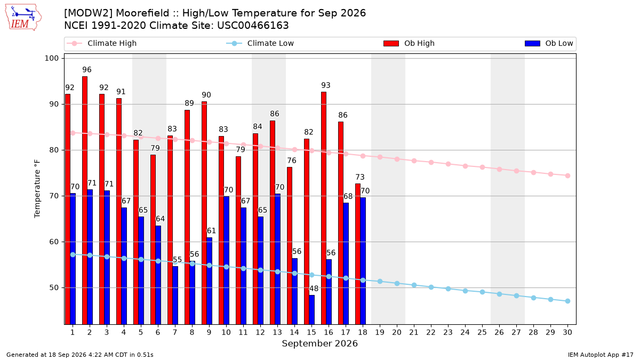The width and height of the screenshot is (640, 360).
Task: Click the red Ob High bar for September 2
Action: [x=85, y=201]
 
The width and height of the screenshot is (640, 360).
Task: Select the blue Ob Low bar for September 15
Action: [x=311, y=310]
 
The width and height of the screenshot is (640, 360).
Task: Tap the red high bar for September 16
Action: [x=323, y=208]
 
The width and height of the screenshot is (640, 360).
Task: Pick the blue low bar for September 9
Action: [x=210, y=281]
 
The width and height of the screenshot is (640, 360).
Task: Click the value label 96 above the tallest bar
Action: [x=87, y=70]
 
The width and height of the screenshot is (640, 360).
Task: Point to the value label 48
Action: [x=314, y=289]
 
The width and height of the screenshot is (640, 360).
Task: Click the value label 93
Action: [x=326, y=85]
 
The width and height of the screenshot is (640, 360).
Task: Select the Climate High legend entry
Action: [x=102, y=43]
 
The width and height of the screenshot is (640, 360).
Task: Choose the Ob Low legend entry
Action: [x=549, y=43]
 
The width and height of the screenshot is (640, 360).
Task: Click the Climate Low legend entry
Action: [x=260, y=43]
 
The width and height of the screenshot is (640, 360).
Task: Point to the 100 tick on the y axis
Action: [x=51, y=58]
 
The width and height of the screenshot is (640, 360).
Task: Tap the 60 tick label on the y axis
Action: [x=54, y=242]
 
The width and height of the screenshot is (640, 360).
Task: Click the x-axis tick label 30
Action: [x=567, y=332]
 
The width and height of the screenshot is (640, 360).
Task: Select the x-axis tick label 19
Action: [x=380, y=332]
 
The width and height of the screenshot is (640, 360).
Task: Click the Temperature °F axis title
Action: [x=37, y=189]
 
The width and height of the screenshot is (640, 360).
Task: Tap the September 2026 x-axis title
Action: [x=319, y=343]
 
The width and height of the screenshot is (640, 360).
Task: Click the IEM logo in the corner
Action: [x=23, y=18]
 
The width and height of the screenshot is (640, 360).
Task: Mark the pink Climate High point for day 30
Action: [x=567, y=175]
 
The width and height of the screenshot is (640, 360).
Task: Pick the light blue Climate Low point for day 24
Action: [x=465, y=291]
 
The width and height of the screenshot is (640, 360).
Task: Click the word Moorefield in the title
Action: [x=142, y=13]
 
